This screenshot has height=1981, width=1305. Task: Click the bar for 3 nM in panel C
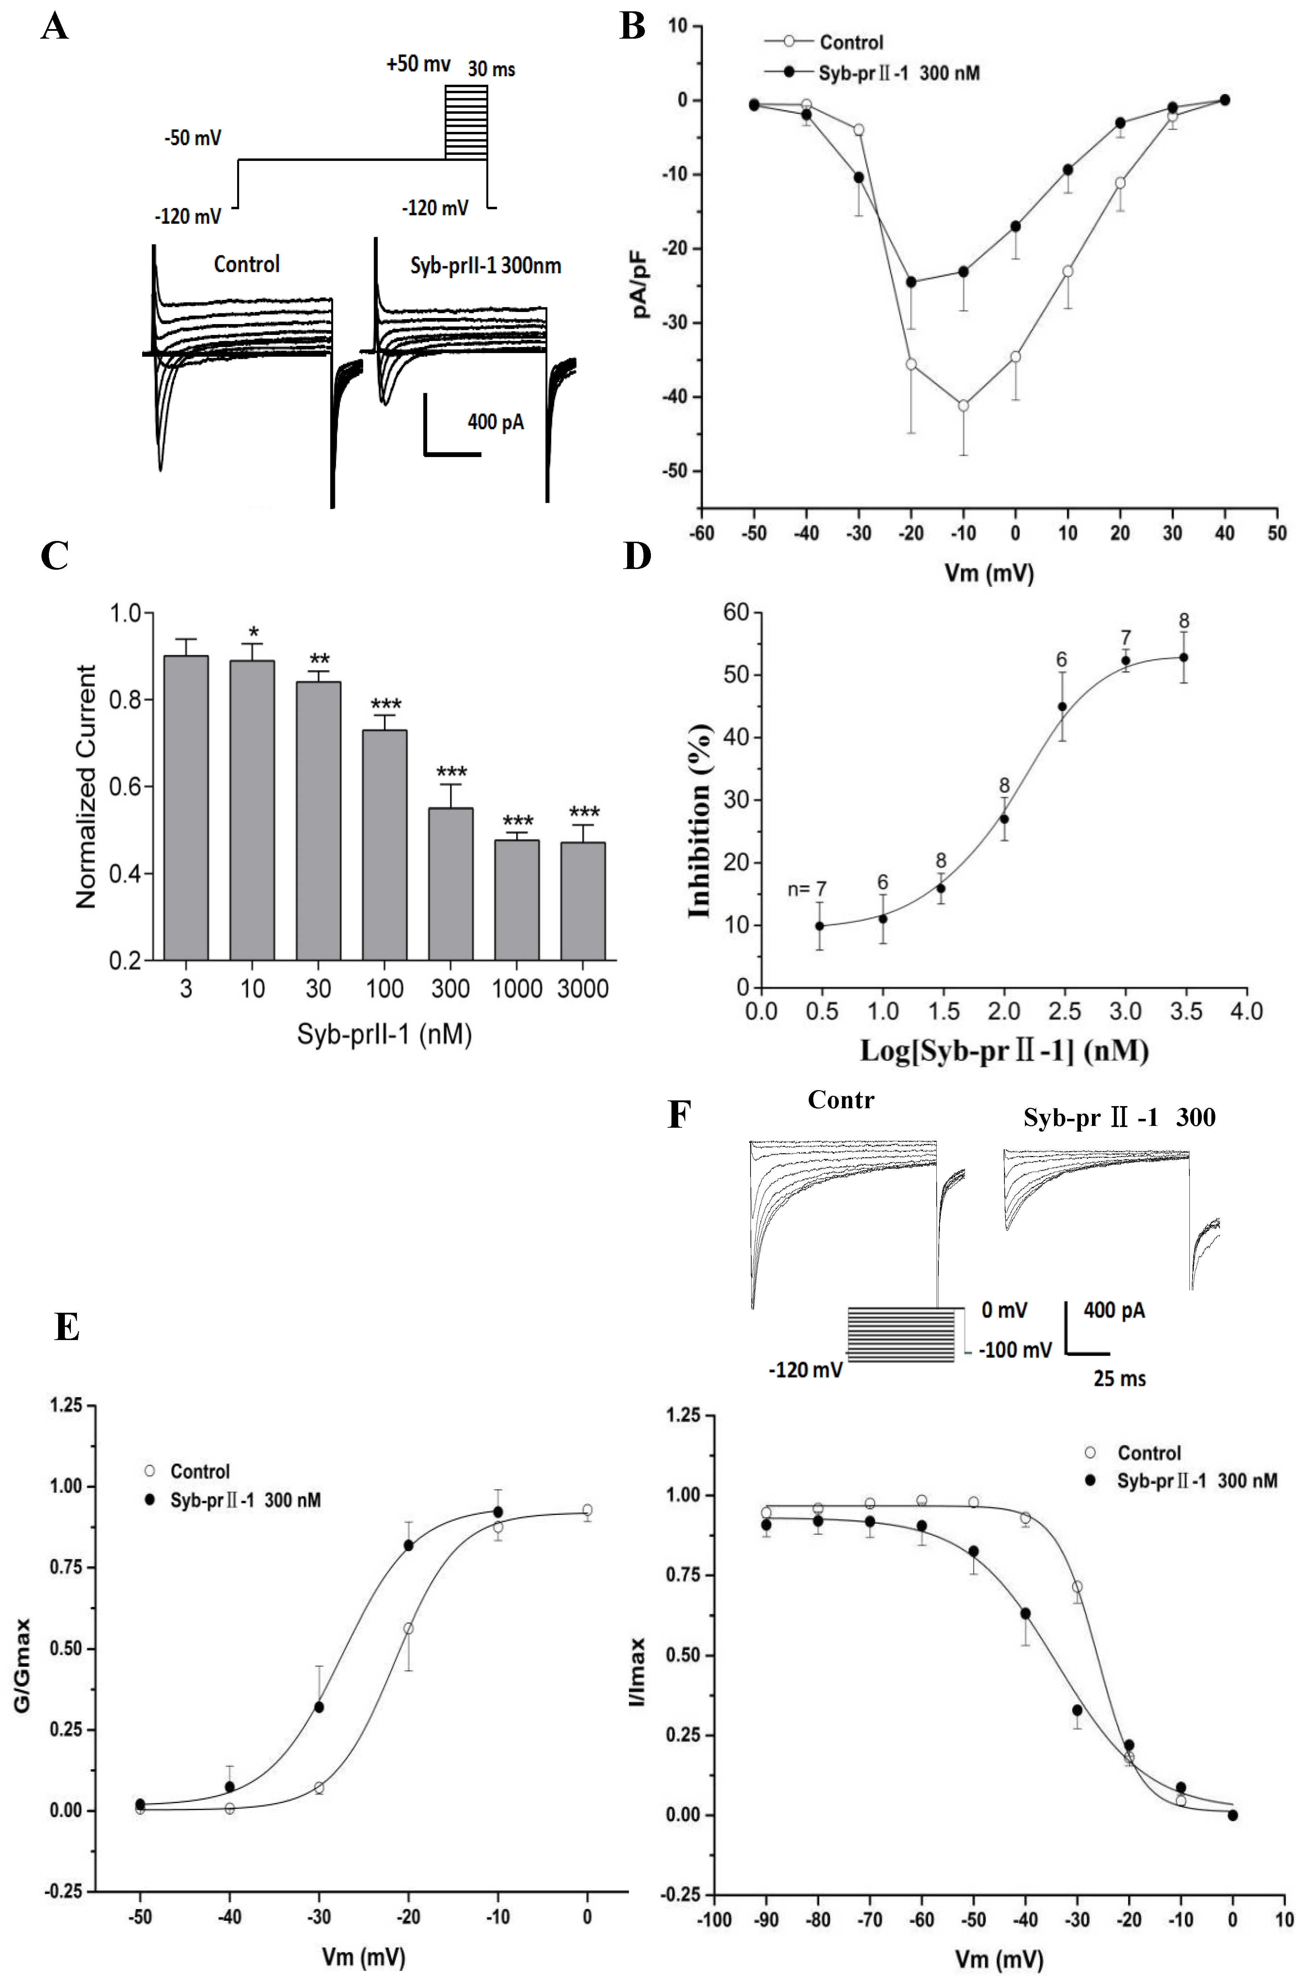[186, 807]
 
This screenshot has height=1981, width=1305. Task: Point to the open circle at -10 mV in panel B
[963, 405]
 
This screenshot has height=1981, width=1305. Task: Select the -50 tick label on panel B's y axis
[674, 471]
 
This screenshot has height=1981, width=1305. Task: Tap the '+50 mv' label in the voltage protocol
[418, 64]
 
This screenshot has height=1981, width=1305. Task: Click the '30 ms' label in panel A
[491, 69]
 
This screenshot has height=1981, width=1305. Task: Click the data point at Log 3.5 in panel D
[1183, 658]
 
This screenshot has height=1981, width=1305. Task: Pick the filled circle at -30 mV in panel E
[319, 1707]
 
